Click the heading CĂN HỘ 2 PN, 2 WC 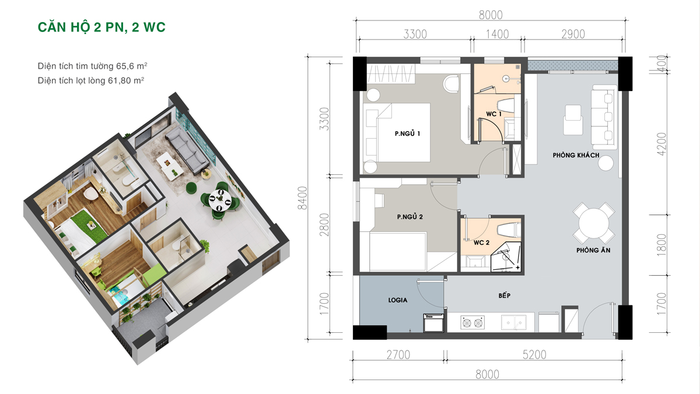tap(101, 27)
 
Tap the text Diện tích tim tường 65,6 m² tap(93, 66)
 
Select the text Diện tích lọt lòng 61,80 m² tap(91, 80)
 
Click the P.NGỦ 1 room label tap(408, 133)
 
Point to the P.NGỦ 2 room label tap(409, 217)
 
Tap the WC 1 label tap(494, 114)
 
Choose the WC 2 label tap(482, 242)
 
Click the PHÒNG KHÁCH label tap(576, 155)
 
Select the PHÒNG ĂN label tap(593, 250)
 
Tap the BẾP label tap(505, 295)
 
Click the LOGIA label tap(397, 300)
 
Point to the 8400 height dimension tap(303, 198)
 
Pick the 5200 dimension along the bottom tap(534, 355)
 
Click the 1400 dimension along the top tap(497, 34)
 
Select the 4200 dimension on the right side tap(661, 144)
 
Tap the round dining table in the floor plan tap(593, 223)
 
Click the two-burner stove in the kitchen tap(473, 323)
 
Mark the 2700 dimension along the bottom tap(398, 355)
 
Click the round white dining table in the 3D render tap(220, 200)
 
